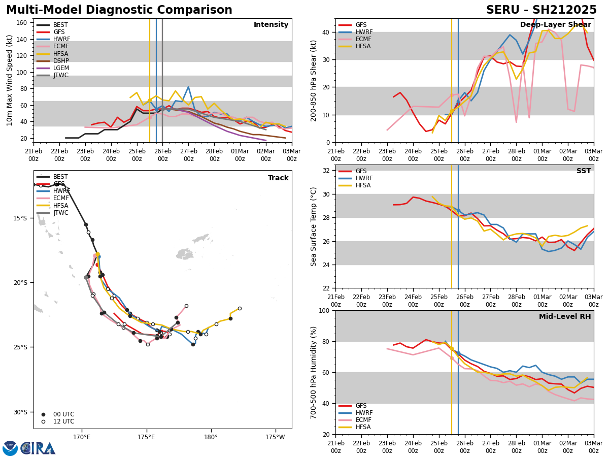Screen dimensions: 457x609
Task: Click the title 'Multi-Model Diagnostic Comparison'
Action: pos(119,10)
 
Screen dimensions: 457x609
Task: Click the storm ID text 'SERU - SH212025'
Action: pos(541,10)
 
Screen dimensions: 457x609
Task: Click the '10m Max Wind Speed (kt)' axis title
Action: pos(10,80)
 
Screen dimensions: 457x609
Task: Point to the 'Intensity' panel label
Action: pos(271,25)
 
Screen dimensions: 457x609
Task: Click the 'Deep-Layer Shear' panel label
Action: pos(555,25)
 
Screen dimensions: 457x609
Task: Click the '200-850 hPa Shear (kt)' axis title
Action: pos(314,80)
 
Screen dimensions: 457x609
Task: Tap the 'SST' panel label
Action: pos(583,171)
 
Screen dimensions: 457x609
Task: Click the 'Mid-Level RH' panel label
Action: pos(564,317)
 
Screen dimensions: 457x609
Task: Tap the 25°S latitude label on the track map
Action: pos(20,347)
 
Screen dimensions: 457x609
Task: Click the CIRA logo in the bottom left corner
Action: pos(29,448)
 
